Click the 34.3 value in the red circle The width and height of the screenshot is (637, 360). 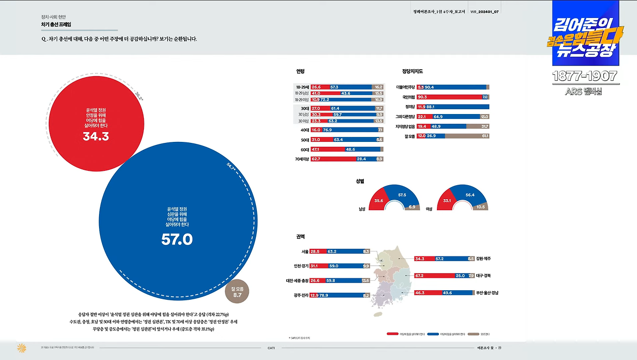pyautogui.click(x=96, y=136)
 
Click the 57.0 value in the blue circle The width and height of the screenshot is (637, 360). pyautogui.click(x=177, y=240)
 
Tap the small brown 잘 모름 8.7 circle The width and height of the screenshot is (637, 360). pyautogui.click(x=237, y=291)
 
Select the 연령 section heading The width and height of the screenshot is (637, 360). pyautogui.click(x=300, y=71)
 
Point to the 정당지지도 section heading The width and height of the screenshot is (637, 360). pyautogui.click(x=413, y=71)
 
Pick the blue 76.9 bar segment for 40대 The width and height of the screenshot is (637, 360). pyautogui.click(x=348, y=130)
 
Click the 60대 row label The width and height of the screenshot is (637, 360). pyautogui.click(x=305, y=149)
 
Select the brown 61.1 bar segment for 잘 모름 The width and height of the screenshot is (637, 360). pyautogui.click(x=467, y=136)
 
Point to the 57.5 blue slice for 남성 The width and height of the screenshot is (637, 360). pyautogui.click(x=402, y=195)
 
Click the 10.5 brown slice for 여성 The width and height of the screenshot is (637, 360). pyautogui.click(x=480, y=207)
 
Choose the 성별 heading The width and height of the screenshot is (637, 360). pyautogui.click(x=360, y=181)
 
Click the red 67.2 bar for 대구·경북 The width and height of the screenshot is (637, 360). pyautogui.click(x=434, y=275)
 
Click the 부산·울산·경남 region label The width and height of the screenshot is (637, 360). pyautogui.click(x=487, y=293)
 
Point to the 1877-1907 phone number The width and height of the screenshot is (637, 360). pyautogui.click(x=585, y=76)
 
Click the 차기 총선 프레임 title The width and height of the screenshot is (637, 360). pyautogui.click(x=56, y=24)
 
